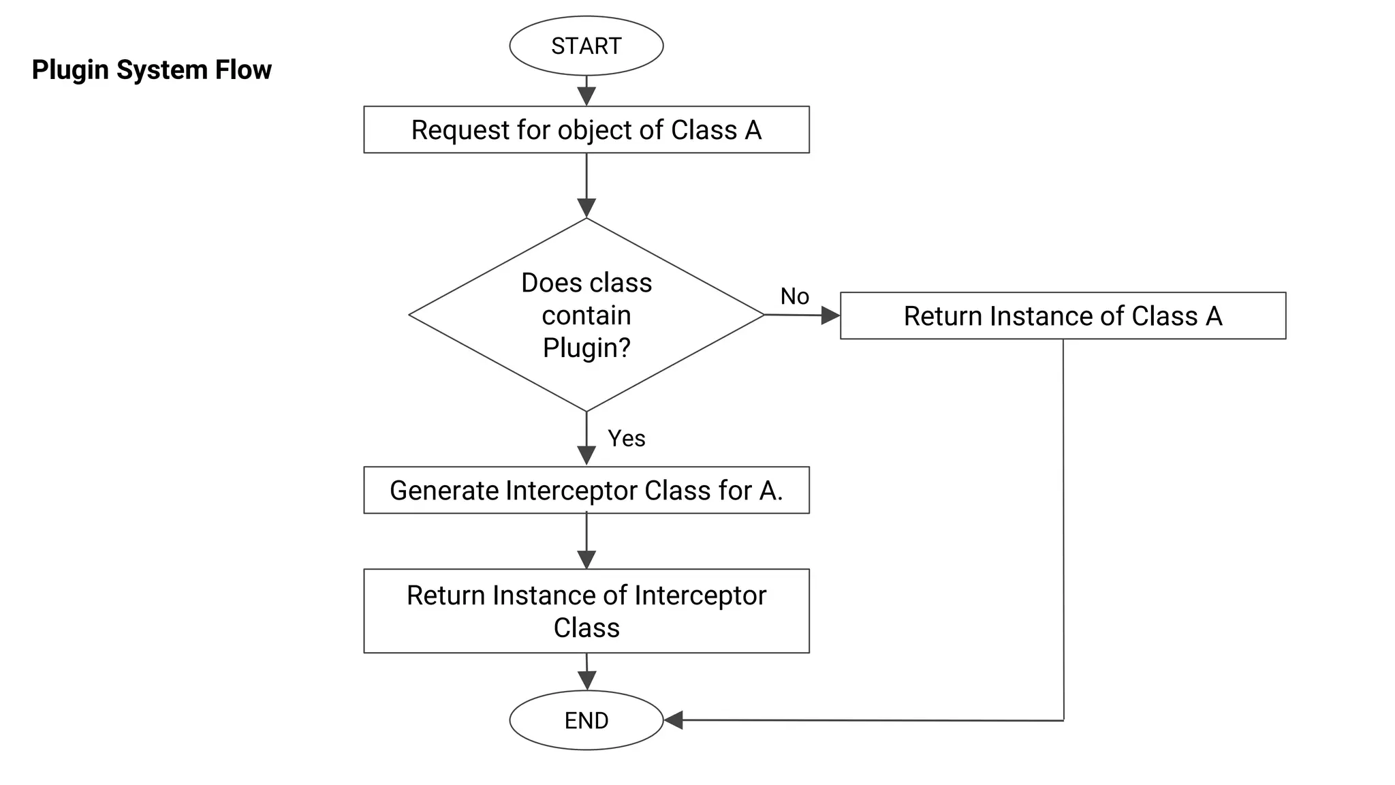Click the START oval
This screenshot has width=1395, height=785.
586,46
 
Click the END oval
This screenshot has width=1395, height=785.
586,720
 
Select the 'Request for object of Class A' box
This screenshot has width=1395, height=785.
586,129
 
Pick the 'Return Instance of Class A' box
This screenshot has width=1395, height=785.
1063,315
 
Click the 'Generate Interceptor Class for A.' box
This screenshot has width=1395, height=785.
586,490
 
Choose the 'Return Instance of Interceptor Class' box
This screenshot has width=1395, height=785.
586,611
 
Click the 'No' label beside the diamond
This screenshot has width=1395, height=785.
794,296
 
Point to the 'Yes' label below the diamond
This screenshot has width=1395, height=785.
626,438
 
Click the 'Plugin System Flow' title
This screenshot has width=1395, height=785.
151,70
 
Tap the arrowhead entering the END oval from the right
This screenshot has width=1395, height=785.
674,720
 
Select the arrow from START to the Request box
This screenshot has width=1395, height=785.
586,91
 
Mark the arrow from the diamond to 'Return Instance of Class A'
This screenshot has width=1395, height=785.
802,315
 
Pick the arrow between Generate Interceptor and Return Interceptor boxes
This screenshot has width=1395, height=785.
586,541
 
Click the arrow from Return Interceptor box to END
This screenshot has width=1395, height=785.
586,673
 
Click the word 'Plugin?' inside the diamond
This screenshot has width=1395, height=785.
586,348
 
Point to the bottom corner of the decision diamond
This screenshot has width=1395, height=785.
586,411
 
